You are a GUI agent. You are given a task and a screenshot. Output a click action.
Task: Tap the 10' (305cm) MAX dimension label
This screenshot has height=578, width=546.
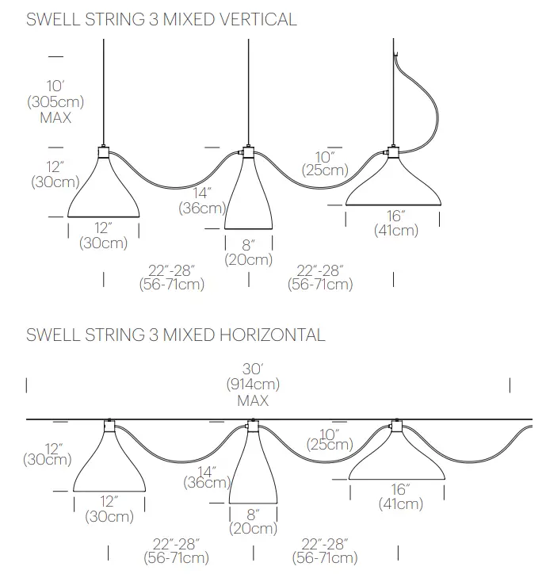[x=55, y=101]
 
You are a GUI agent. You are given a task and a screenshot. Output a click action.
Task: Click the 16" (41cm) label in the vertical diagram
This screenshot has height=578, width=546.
[x=395, y=224]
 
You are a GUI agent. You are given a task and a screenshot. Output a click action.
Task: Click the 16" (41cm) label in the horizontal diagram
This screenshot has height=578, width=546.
[x=400, y=496]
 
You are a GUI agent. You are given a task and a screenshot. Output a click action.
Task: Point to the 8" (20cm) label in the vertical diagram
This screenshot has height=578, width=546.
[x=248, y=253]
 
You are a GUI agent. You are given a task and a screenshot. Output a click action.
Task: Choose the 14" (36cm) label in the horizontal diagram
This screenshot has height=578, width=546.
[x=206, y=474]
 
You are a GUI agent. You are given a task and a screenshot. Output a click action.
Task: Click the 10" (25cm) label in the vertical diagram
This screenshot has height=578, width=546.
[x=324, y=162]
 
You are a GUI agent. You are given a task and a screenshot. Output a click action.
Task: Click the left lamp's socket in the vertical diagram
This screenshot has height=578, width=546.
[x=104, y=152]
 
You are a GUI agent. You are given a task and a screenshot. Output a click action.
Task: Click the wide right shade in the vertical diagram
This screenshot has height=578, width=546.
[x=393, y=186]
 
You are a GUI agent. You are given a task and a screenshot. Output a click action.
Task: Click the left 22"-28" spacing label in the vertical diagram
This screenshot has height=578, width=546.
[x=171, y=277]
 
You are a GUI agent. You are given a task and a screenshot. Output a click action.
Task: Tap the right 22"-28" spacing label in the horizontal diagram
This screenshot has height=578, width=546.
[x=325, y=550]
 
